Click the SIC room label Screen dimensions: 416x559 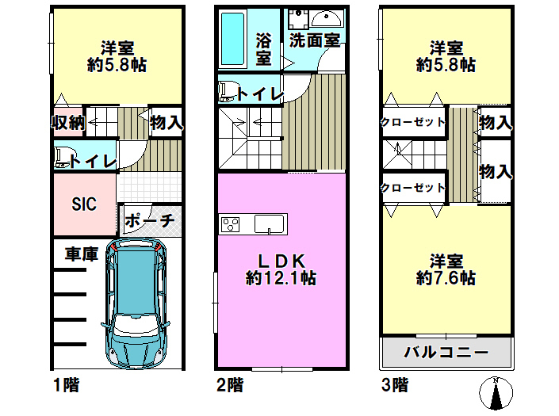tap(84, 204)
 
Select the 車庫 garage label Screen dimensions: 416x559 tap(81, 255)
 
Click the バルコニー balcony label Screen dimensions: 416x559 tap(446, 351)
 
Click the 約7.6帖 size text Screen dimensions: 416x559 tap(446, 278)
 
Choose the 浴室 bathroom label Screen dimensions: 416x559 tap(263, 48)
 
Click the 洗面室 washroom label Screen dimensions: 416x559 tap(313, 40)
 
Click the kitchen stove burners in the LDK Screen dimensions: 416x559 tap(231, 224)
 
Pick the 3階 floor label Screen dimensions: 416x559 tap(396, 386)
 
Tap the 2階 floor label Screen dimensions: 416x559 tap(230, 386)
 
